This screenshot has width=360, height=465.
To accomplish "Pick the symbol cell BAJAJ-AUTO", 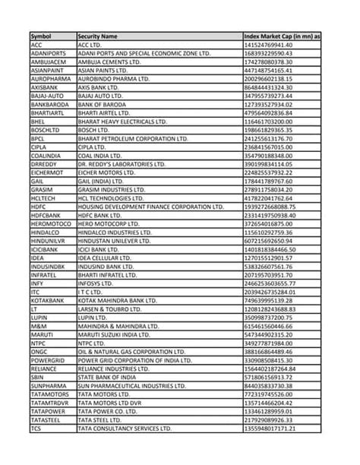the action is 46,96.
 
